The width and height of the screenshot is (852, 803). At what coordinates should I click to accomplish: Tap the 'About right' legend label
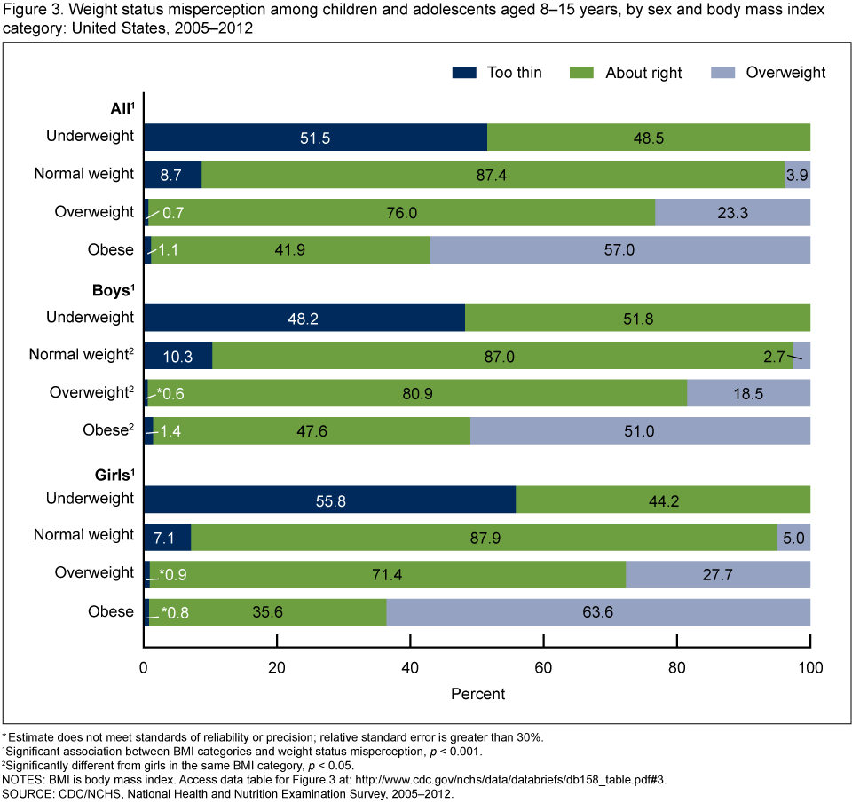[x=643, y=73]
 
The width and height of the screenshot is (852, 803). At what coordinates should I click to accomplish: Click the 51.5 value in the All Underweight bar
[x=315, y=137]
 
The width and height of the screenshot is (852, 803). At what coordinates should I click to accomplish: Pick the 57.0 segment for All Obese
[x=619, y=250]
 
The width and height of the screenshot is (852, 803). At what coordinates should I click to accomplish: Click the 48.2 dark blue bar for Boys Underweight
[x=304, y=318]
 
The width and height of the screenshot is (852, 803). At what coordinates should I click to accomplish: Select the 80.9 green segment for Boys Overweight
[x=416, y=394]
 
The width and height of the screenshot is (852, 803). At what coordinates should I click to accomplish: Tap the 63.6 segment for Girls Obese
[x=598, y=611]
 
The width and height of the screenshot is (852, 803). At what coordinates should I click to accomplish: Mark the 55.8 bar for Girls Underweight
[x=329, y=500]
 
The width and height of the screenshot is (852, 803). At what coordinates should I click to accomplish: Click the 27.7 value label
[x=717, y=575]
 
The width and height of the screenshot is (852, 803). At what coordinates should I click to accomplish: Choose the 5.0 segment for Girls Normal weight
[x=793, y=537]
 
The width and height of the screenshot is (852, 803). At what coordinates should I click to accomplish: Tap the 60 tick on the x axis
[x=544, y=666]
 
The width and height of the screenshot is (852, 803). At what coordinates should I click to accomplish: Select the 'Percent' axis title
[x=477, y=693]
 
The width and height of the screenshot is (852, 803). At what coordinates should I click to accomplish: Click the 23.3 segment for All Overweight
[x=732, y=213]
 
